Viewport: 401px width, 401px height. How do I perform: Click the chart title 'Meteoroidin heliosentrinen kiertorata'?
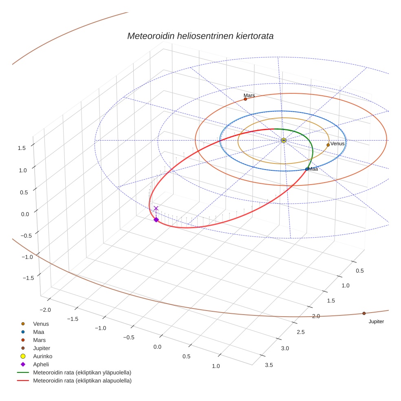pos(200,36)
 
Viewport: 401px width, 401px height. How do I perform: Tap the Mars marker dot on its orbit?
pos(245,99)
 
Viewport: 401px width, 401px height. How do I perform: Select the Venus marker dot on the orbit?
pos(328,145)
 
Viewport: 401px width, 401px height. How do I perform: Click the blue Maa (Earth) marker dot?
pos(307,169)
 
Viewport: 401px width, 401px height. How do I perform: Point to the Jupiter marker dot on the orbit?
pos(364,313)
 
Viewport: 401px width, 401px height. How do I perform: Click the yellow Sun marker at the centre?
pos(284,140)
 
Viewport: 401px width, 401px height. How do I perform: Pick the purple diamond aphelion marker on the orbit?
pos(156,220)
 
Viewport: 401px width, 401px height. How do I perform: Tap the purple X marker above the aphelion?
pos(156,208)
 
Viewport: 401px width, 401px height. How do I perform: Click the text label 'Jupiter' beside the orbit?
pos(376,322)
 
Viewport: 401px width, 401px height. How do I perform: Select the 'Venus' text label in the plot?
pos(337,144)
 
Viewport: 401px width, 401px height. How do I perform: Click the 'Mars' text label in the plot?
pos(249,95)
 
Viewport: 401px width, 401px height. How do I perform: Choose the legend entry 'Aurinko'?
pos(42,356)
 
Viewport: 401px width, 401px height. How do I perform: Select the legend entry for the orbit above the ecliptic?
pos(82,372)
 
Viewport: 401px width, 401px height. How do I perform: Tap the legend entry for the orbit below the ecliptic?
pos(82,381)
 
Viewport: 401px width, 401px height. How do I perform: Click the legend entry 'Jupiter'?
pos(42,348)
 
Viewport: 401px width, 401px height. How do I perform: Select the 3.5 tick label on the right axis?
pos(269,365)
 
